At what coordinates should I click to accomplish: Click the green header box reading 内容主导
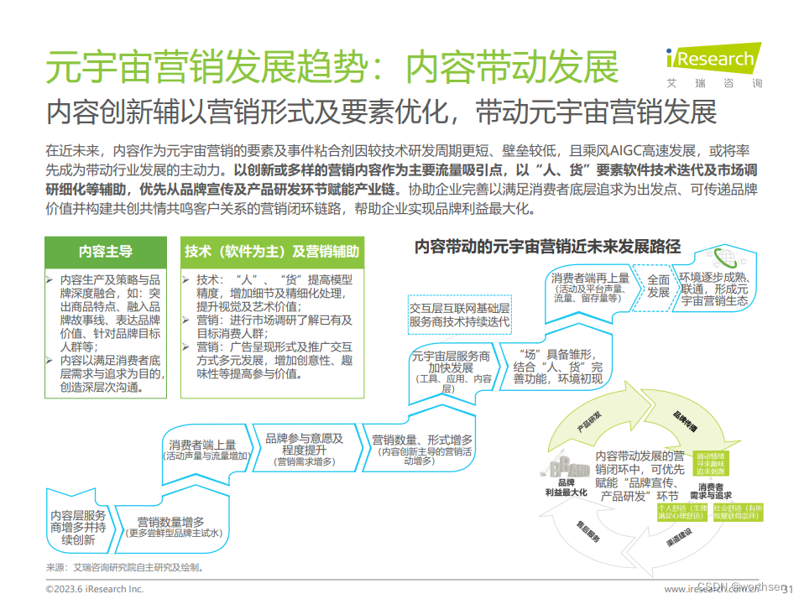105,251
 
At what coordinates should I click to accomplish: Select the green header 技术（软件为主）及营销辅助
272,251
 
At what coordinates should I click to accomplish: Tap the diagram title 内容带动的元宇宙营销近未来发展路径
547,246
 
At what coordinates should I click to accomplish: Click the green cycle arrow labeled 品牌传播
684,419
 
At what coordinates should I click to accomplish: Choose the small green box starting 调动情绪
711,463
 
